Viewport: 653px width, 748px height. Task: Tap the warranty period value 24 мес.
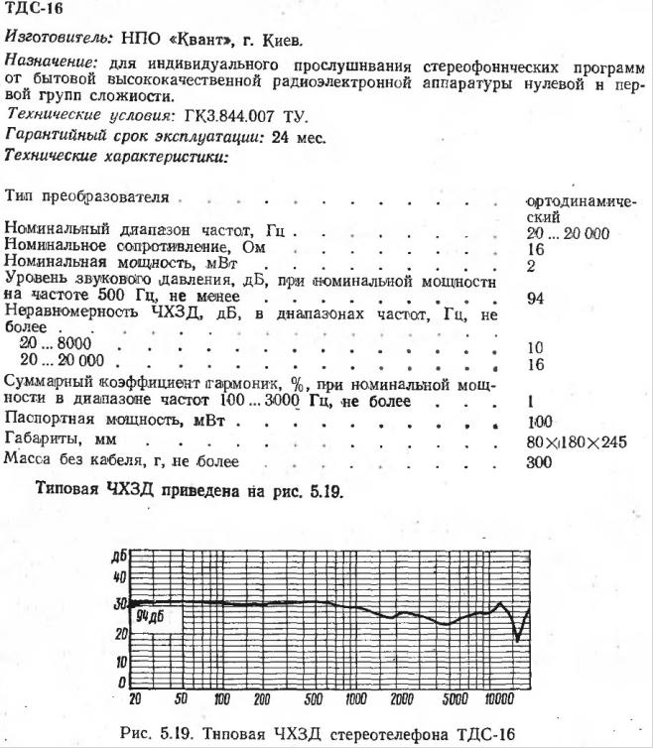click(297, 136)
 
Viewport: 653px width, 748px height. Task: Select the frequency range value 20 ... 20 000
click(569, 233)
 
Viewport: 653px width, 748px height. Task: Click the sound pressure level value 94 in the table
click(536, 298)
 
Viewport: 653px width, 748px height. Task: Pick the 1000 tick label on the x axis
click(354, 698)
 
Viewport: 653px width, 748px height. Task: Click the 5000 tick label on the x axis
click(455, 698)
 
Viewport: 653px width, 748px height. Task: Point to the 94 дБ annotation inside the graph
click(151, 616)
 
